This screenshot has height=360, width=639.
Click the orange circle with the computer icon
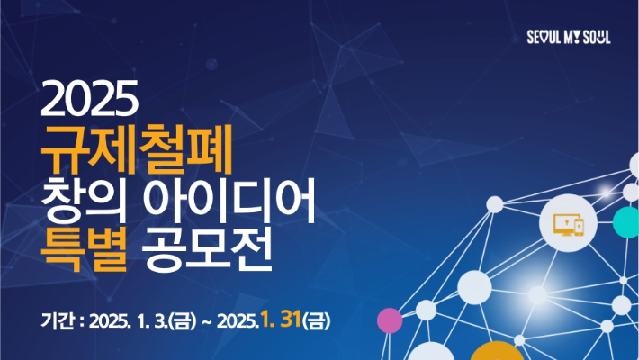(566, 221)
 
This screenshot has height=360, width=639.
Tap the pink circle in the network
(389, 318)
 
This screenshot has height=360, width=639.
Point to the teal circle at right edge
(627, 220)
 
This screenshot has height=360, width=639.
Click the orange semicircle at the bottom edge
(497, 352)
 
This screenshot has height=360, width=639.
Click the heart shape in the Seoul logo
(544, 39)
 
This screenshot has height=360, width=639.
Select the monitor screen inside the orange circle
(562, 222)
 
